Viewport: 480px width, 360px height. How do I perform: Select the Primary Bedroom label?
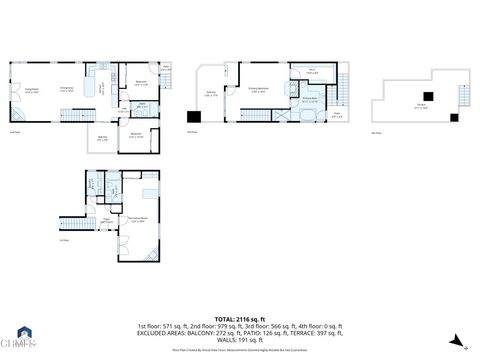pyautogui.click(x=258, y=91)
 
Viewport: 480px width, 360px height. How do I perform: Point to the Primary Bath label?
pyautogui.click(x=310, y=100)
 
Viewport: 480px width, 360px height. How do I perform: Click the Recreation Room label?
pyautogui.click(x=137, y=220)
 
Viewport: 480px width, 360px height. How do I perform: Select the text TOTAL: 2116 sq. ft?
pyautogui.click(x=240, y=318)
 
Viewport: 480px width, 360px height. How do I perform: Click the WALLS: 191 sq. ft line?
pyautogui.click(x=240, y=339)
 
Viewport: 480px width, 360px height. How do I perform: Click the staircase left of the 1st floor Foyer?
pyautogui.click(x=73, y=221)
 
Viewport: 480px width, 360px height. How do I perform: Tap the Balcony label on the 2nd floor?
pyautogui.click(x=102, y=139)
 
